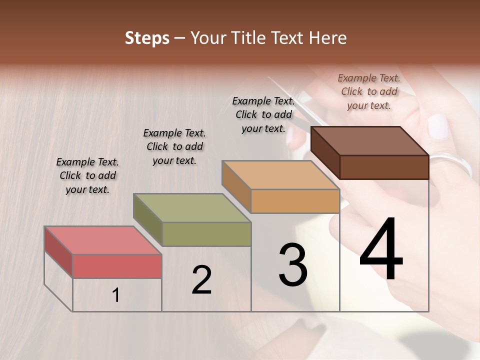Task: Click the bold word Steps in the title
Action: (x=147, y=38)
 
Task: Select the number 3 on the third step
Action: (x=293, y=265)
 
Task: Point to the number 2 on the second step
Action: (x=201, y=280)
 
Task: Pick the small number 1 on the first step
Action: (x=116, y=295)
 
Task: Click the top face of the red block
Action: (x=102, y=240)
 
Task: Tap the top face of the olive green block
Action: (x=192, y=208)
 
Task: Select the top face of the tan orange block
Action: (x=280, y=175)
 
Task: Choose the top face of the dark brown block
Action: (x=370, y=141)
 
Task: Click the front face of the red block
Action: (x=117, y=266)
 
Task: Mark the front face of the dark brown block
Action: (x=384, y=167)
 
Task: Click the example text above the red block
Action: (x=87, y=175)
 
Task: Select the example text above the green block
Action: (x=174, y=146)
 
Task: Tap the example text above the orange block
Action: (x=263, y=114)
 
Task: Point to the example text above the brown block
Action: (x=369, y=91)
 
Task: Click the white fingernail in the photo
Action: (x=438, y=126)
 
